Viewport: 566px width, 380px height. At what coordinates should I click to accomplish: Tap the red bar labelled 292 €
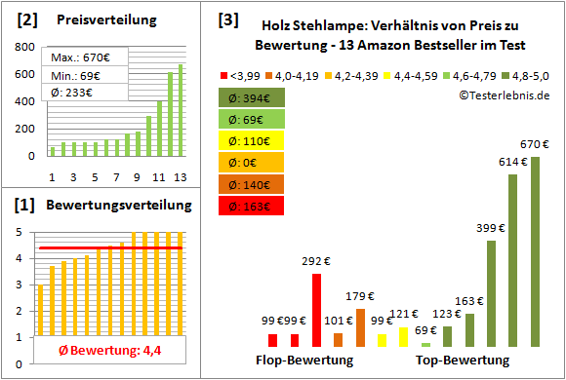point(316,310)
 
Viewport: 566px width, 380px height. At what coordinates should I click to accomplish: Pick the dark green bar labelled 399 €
point(491,292)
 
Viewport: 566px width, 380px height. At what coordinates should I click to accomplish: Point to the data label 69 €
point(426,331)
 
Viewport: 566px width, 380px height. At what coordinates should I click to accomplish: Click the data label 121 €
point(405,314)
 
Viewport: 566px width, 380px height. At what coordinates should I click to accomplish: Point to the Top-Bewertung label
point(463,361)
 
